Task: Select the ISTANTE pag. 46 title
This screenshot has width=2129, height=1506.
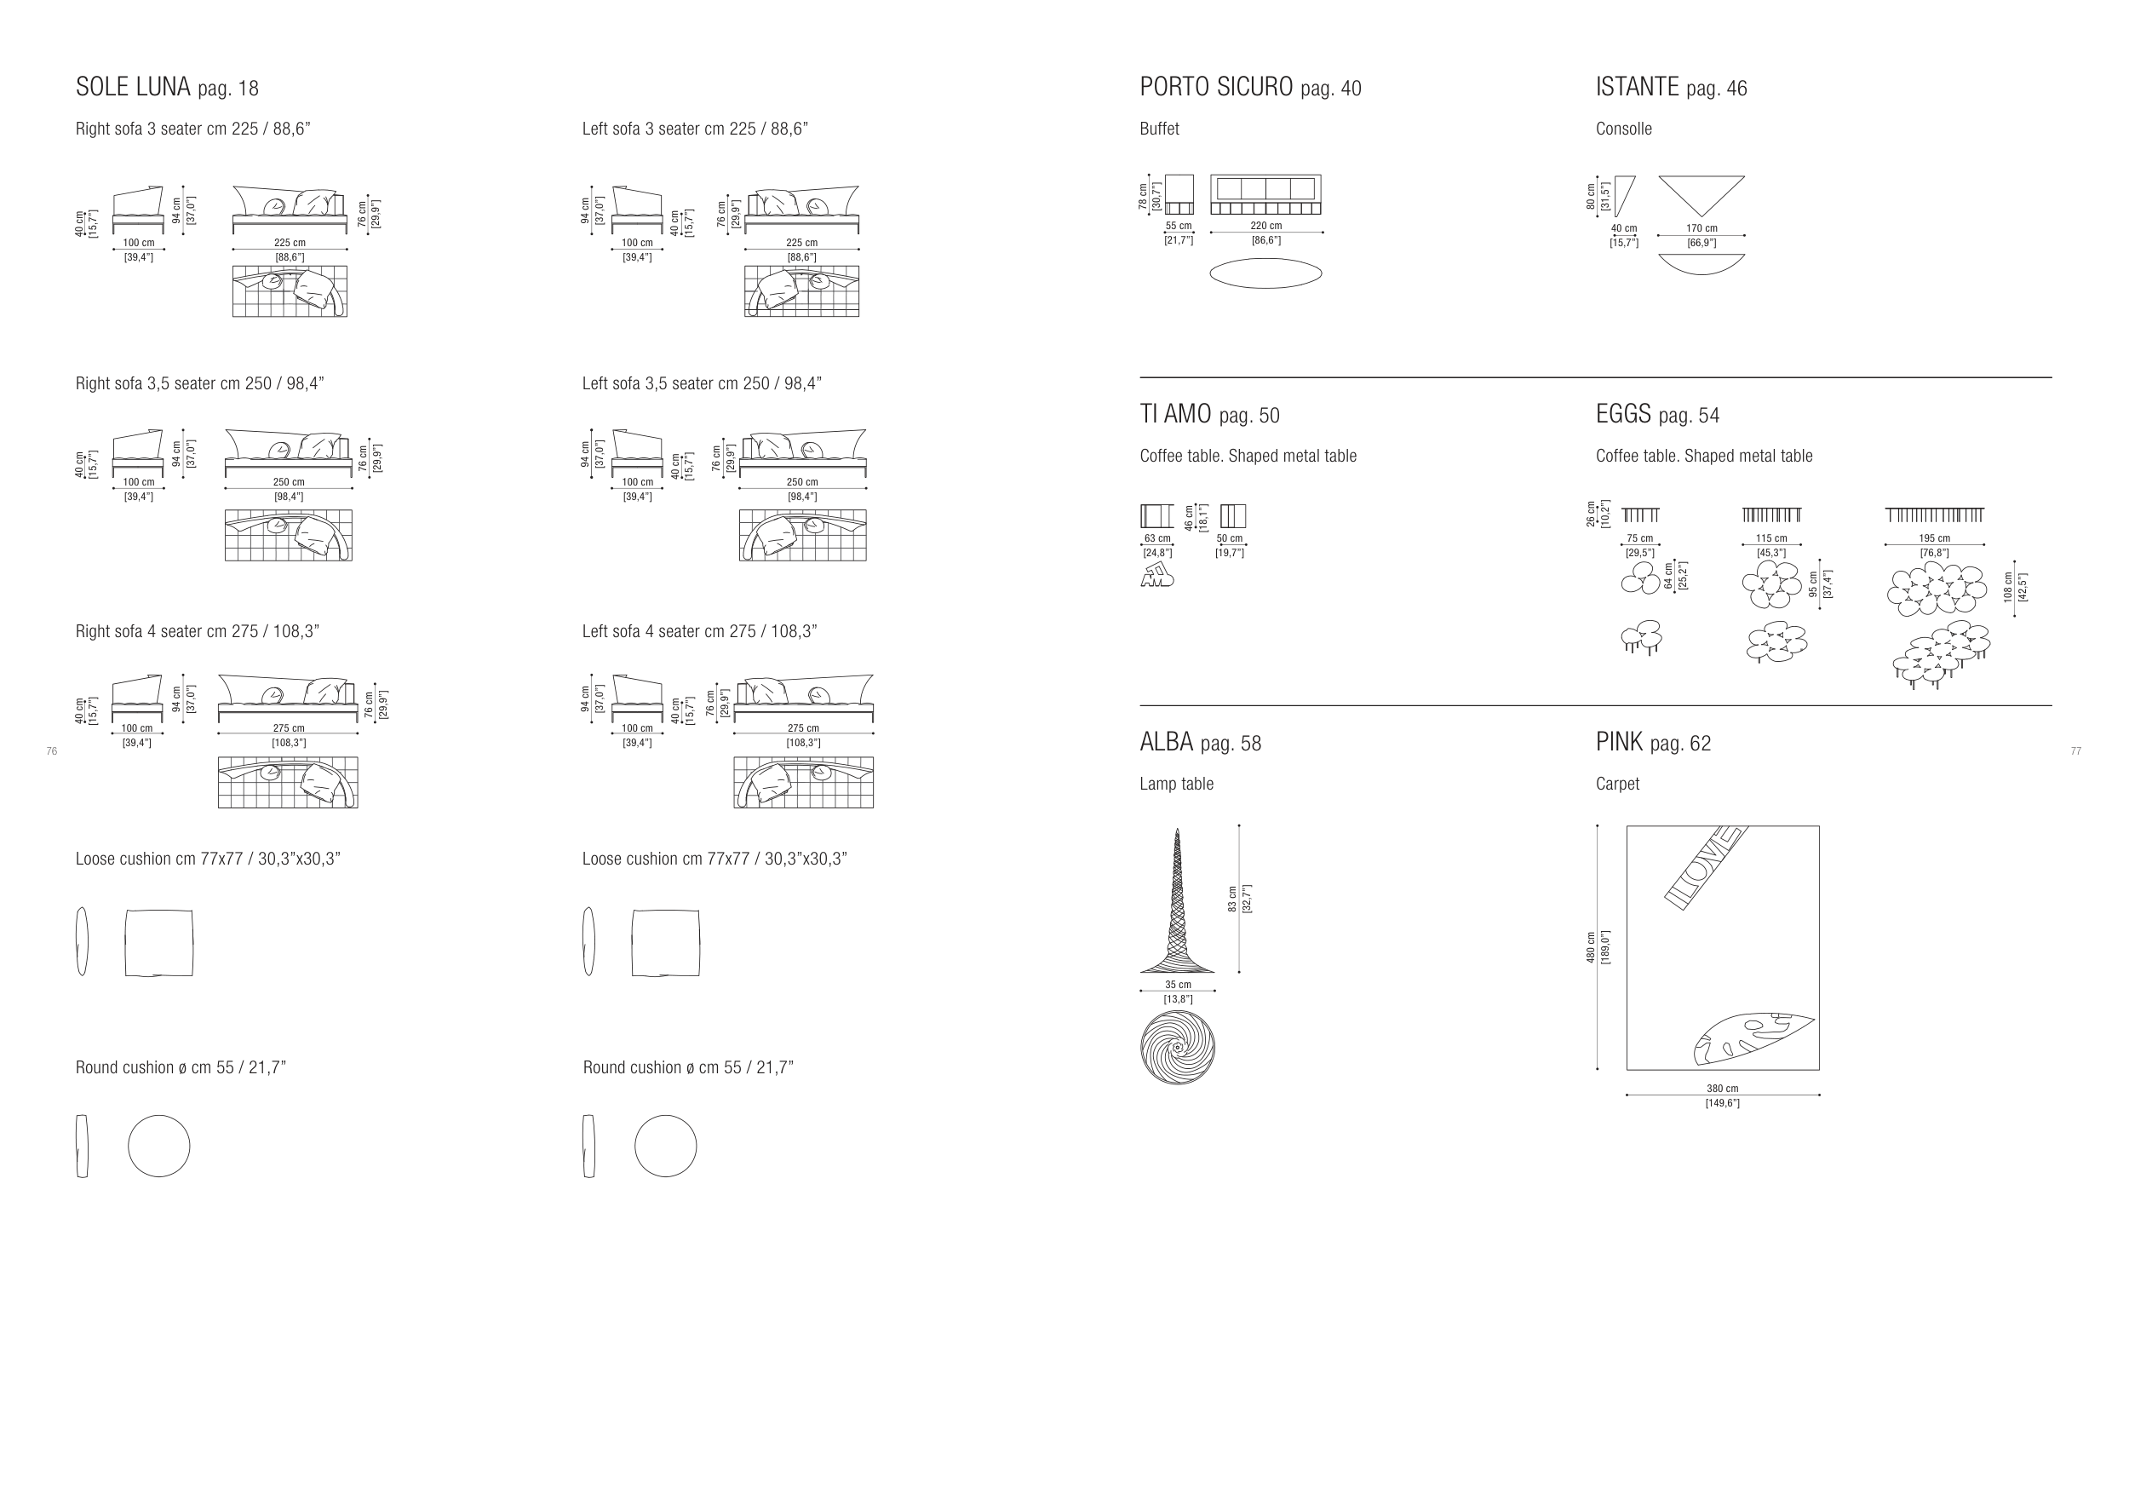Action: click(1671, 87)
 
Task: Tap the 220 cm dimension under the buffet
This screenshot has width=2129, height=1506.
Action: click(1265, 227)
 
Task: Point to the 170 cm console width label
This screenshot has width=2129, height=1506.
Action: click(1701, 228)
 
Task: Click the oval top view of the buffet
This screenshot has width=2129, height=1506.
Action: click(1265, 273)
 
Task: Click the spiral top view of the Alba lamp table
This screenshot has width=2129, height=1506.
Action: click(1178, 1048)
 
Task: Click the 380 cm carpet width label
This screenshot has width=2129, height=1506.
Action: click(1723, 1089)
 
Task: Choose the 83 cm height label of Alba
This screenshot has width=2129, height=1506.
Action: click(1232, 898)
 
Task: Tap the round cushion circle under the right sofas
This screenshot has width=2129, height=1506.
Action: click(158, 1147)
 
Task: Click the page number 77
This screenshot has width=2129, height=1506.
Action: click(2076, 751)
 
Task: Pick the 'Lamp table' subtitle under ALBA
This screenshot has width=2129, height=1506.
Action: click(1176, 785)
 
